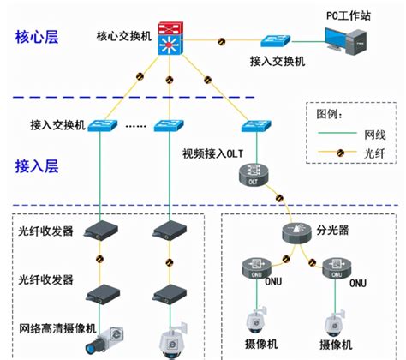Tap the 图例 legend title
[331, 113]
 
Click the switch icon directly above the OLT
[255, 126]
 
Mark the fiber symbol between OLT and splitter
[276, 201]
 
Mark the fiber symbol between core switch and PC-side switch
[223, 41]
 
